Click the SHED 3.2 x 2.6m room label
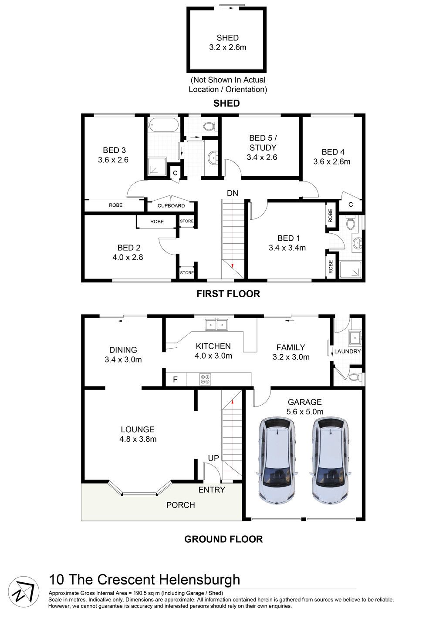tap(227, 43)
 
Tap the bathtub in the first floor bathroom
tap(163, 125)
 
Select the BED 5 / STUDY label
tap(262, 148)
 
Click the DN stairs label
tap(232, 193)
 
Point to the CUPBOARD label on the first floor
tap(171, 205)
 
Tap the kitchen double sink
tap(216, 325)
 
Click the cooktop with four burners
tap(205, 379)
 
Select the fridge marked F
tap(176, 380)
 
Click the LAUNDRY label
tap(348, 351)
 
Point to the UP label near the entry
tap(213, 458)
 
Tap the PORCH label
tap(181, 505)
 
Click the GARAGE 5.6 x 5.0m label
tap(304, 406)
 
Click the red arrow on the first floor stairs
tap(233, 265)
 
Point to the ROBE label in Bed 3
tap(115, 205)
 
